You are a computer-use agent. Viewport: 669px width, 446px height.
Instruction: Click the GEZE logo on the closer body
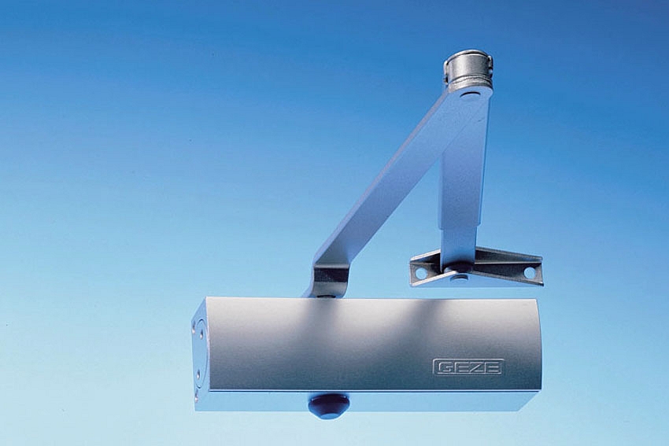click(468, 367)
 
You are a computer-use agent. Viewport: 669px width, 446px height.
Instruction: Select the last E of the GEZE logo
click(493, 367)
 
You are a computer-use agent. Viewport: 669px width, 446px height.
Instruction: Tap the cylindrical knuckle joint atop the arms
click(468, 69)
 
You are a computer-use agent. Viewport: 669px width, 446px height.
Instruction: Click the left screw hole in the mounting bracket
click(421, 271)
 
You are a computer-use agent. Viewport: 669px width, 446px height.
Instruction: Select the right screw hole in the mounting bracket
click(529, 272)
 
